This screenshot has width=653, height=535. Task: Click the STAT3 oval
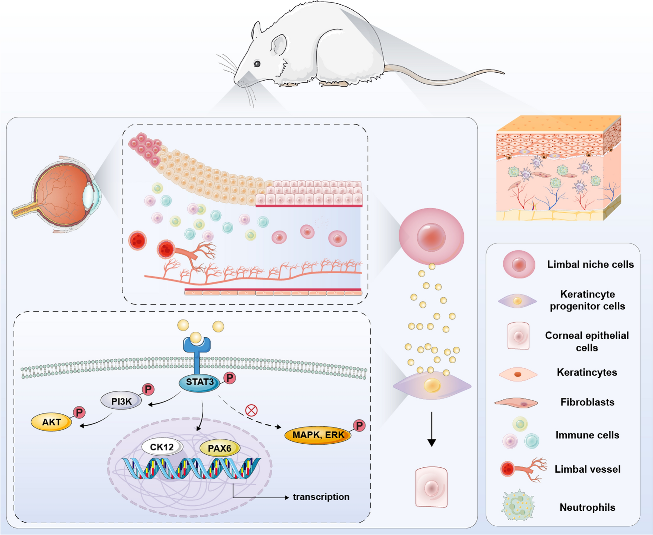pos(200,382)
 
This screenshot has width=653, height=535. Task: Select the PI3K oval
pos(121,401)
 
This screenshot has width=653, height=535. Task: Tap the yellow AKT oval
pos(51,422)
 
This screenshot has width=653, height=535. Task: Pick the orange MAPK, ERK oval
pos(318,435)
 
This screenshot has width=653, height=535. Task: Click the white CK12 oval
pos(162,447)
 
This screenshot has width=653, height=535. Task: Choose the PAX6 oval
pos(220,448)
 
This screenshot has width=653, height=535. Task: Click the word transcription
pos(321,497)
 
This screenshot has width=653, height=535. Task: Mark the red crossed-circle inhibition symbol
pos(252,410)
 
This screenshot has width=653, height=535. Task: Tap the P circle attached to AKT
pos(79,413)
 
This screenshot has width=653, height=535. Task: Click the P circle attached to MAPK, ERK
pos(359,425)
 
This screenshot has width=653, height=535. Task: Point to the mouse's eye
pos(257,64)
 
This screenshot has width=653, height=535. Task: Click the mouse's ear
pos(279,45)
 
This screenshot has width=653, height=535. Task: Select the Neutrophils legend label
pos(587,507)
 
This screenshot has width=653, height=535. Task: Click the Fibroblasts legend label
pos(587,402)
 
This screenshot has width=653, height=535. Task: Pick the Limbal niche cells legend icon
pos(519,265)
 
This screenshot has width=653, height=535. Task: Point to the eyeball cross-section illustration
pos(57,195)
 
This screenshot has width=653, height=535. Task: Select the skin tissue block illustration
pos(559,168)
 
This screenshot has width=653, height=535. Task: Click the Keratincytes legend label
pos(587,372)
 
